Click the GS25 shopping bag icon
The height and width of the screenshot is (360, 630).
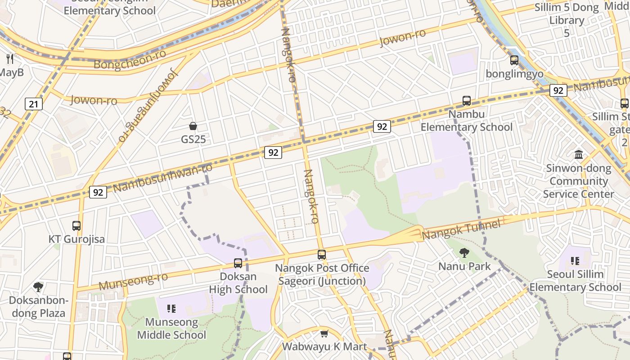pyautogui.click(x=193, y=126)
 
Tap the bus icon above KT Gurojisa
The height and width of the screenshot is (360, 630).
pyautogui.click(x=76, y=226)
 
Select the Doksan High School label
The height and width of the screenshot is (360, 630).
pyautogui.click(x=238, y=283)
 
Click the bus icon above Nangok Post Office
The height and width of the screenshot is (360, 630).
pyautogui.click(x=322, y=255)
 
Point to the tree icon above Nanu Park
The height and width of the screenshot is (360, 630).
pyautogui.click(x=464, y=253)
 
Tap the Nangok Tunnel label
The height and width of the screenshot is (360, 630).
pyautogui.click(x=461, y=230)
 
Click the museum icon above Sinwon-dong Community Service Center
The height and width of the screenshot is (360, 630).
pyautogui.click(x=579, y=155)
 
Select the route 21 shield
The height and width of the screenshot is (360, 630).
pyautogui.click(x=33, y=104)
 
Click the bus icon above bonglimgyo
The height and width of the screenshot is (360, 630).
pyautogui.click(x=514, y=60)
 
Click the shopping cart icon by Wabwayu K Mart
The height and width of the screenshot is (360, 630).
pyautogui.click(x=324, y=333)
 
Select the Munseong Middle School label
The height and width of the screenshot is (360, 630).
pyautogui.click(x=171, y=328)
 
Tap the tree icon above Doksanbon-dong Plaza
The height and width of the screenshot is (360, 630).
pyautogui.click(x=38, y=287)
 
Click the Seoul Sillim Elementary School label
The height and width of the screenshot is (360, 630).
pyautogui.click(x=575, y=280)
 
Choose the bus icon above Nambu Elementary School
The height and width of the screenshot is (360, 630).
pyautogui.click(x=467, y=101)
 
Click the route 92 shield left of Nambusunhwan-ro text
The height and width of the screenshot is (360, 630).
pyautogui.click(x=98, y=193)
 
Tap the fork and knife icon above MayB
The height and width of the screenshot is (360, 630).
pyautogui.click(x=10, y=58)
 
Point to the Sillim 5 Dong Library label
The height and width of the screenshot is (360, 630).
pyautogui.click(x=567, y=20)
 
